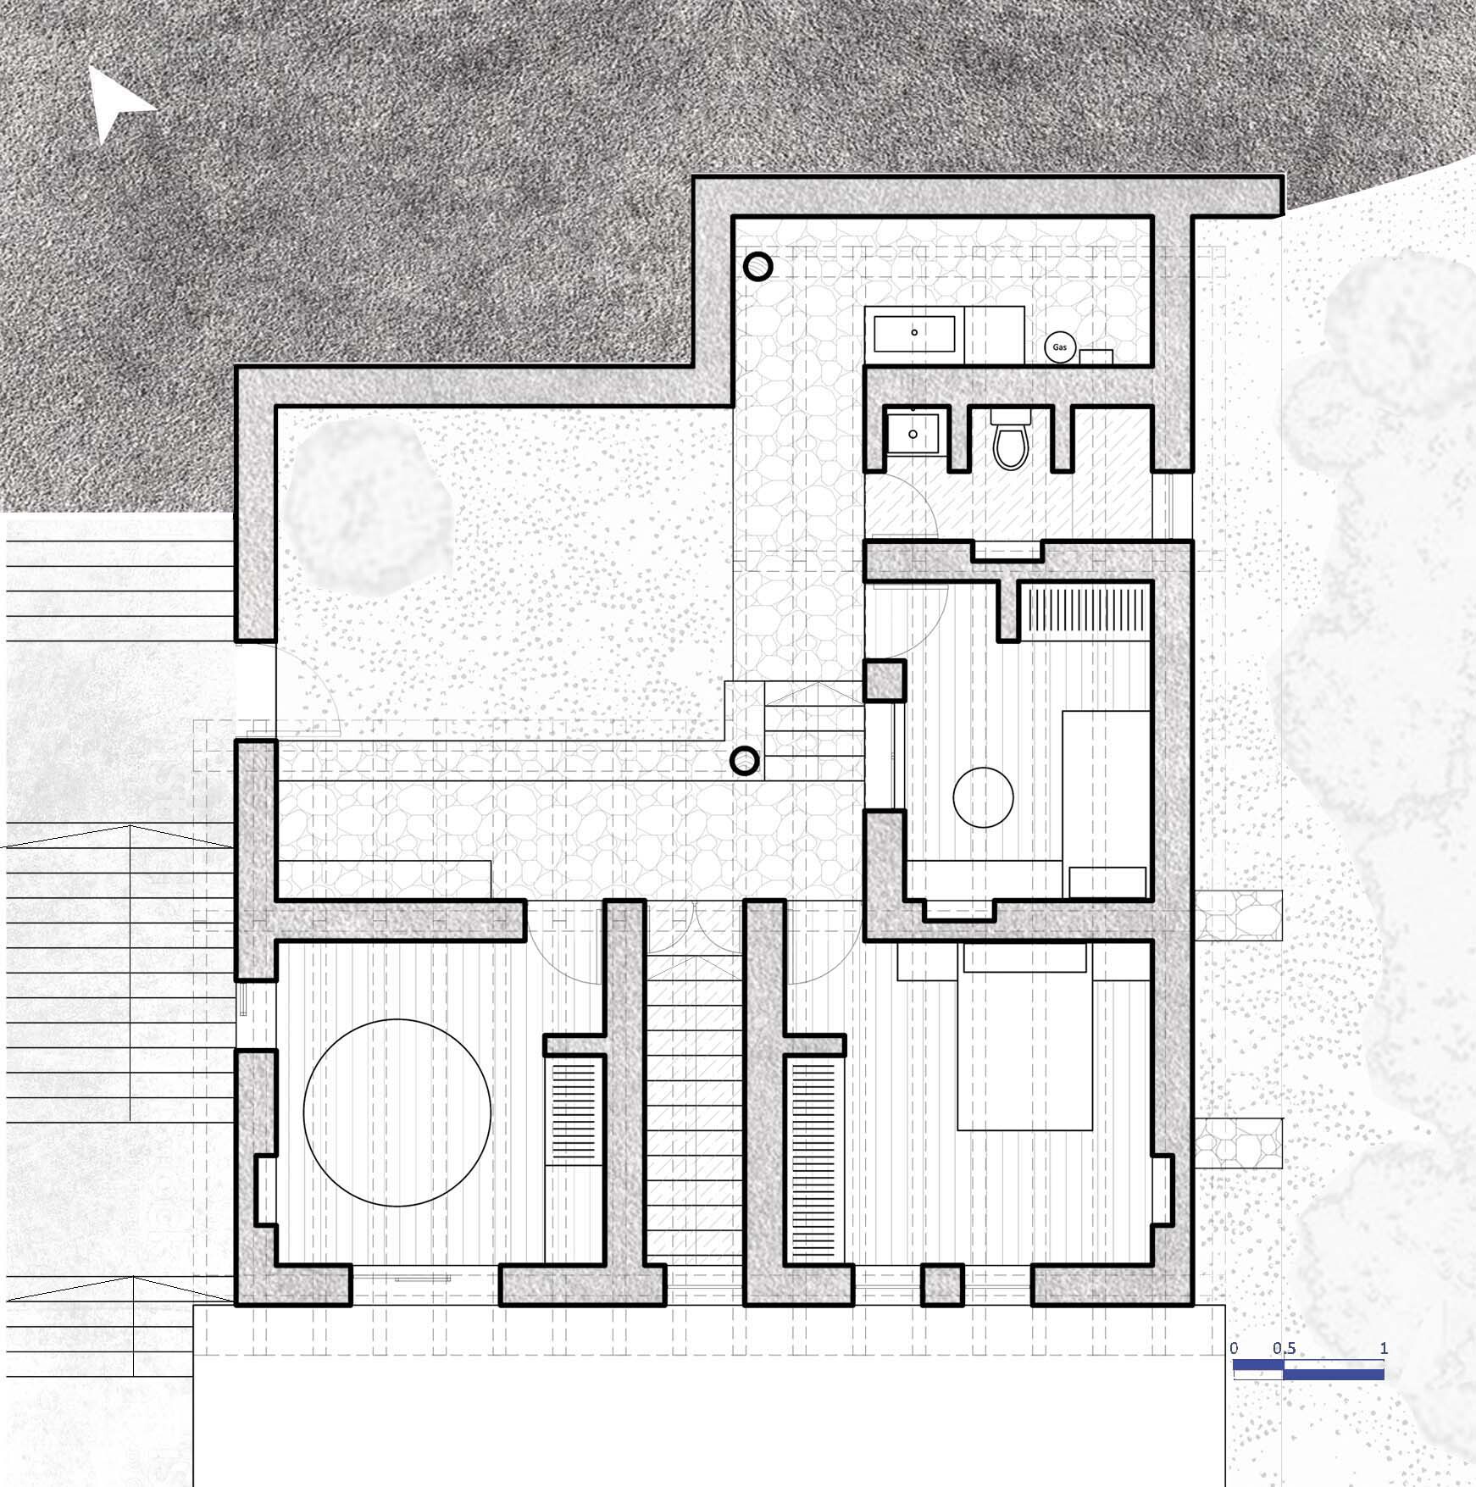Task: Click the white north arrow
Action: click(x=116, y=103)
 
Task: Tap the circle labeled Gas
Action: click(x=1059, y=347)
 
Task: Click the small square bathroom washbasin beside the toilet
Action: click(x=913, y=433)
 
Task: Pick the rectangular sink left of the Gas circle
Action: click(x=915, y=333)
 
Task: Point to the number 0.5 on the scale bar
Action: click(x=1284, y=1348)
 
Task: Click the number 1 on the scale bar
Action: click(x=1384, y=1348)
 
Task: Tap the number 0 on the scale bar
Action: click(x=1234, y=1348)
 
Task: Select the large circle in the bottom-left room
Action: click(x=397, y=1112)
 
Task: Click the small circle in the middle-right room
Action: click(x=983, y=797)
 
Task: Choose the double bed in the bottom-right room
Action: click(x=1025, y=1038)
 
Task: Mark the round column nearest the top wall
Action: click(x=758, y=267)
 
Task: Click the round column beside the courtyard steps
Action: click(x=745, y=762)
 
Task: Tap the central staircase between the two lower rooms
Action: click(x=694, y=1110)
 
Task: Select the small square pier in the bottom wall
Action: click(x=942, y=1284)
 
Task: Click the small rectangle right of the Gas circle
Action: click(x=1096, y=356)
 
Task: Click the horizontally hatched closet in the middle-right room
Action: click(x=1087, y=611)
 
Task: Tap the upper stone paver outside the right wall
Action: click(x=1238, y=915)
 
